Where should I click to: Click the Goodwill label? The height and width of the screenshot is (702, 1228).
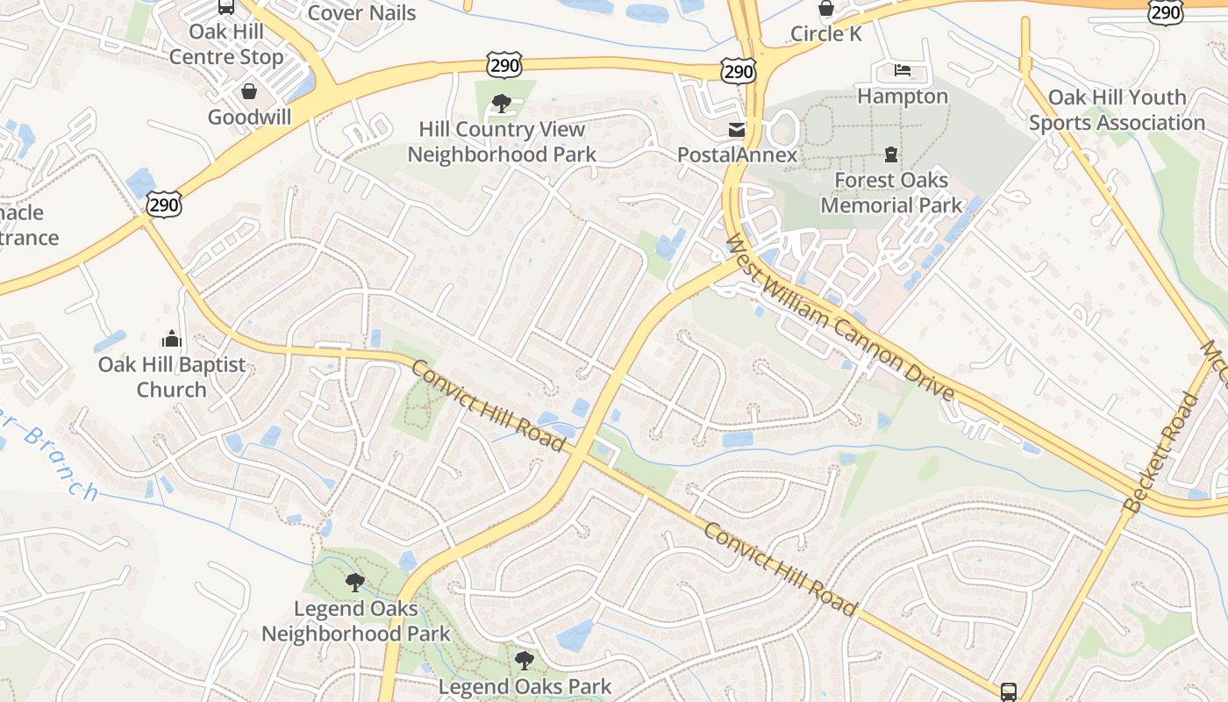click(249, 117)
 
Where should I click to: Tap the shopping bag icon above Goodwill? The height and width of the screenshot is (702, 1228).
click(249, 91)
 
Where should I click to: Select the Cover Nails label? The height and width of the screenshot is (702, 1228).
click(361, 13)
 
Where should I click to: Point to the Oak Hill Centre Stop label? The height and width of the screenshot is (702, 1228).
click(226, 45)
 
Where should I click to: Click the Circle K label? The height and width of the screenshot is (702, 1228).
click(826, 34)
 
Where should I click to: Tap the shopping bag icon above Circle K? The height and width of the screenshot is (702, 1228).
click(826, 9)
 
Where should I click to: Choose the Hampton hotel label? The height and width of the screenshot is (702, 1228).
click(903, 96)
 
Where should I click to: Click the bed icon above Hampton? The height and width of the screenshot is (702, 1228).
click(903, 70)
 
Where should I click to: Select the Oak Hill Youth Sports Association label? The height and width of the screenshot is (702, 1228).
click(1117, 110)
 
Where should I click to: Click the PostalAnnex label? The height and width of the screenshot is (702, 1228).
click(737, 155)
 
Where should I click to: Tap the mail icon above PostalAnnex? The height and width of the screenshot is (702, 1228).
click(737, 130)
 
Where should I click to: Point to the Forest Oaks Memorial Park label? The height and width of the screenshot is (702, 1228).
click(891, 192)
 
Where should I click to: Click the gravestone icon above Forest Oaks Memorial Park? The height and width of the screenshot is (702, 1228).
click(891, 155)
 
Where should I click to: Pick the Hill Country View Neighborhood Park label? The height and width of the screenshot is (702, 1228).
click(502, 141)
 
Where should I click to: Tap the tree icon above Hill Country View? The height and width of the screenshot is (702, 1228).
click(502, 104)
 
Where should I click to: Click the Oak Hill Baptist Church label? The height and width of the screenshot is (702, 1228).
click(172, 376)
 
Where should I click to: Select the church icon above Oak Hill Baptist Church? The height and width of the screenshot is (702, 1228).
click(172, 339)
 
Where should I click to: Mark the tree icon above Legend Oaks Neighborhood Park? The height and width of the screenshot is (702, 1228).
click(355, 583)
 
